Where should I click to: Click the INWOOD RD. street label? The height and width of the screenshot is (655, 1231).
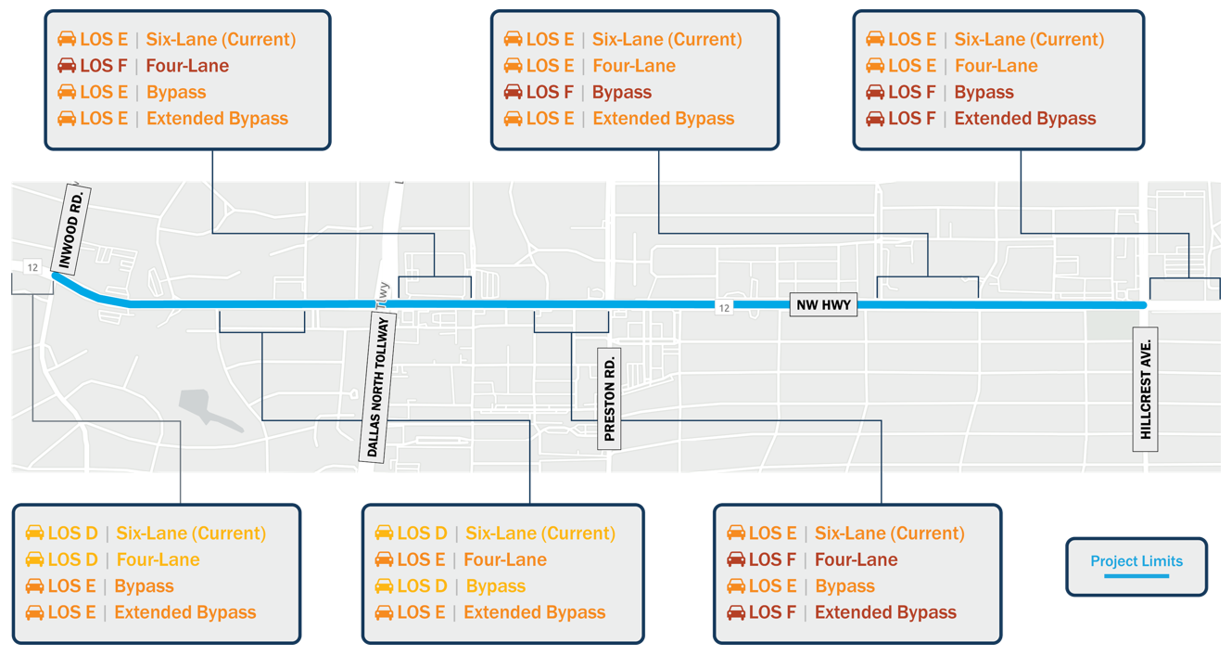click(x=71, y=228)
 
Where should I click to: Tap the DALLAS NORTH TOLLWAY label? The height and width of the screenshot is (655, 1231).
click(x=377, y=386)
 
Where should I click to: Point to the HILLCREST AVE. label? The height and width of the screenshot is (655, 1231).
click(x=1146, y=389)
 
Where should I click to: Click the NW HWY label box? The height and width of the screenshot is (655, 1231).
click(x=823, y=304)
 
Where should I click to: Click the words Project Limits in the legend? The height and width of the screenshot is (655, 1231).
click(x=1136, y=560)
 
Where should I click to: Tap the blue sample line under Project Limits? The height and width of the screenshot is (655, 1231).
click(x=1136, y=576)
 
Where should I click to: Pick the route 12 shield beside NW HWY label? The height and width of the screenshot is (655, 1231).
click(x=724, y=307)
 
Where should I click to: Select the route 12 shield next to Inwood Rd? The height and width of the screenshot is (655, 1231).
click(x=32, y=267)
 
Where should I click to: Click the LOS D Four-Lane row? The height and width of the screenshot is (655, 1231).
click(x=113, y=559)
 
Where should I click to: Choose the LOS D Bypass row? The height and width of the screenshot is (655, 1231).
click(x=451, y=585)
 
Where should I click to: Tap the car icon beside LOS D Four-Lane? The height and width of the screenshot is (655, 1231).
click(x=34, y=559)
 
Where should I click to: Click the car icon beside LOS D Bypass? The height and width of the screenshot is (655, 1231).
click(x=384, y=585)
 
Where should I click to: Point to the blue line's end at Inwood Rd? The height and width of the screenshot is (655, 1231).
click(x=55, y=275)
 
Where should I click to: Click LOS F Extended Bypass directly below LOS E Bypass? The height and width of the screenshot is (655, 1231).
click(x=842, y=612)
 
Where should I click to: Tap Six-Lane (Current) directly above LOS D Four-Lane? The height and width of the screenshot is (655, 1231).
click(x=191, y=533)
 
